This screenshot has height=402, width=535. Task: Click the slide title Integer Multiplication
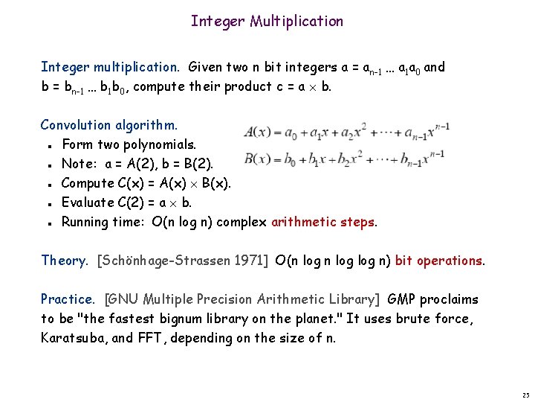[267, 21]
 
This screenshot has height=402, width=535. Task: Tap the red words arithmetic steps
[324, 222]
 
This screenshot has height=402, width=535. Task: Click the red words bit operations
[439, 261]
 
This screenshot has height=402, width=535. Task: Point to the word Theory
[64, 261]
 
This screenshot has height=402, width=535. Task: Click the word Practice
[68, 299]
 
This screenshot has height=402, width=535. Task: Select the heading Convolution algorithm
[109, 125]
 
